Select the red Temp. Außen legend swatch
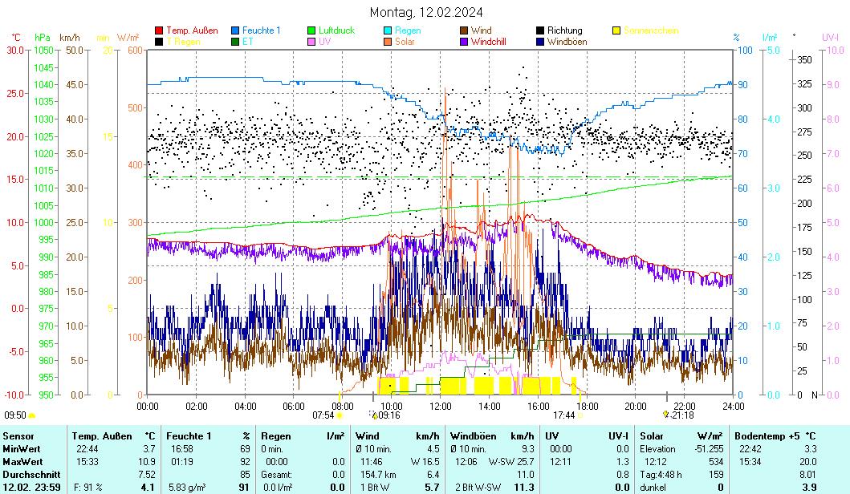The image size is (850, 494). click(x=159, y=30)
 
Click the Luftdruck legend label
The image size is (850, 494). click(x=336, y=30)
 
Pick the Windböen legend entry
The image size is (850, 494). click(x=567, y=42)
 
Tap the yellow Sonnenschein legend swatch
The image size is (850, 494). click(x=617, y=30)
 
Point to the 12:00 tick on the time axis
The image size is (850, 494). click(x=441, y=405)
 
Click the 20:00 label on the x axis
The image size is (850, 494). click(x=636, y=405)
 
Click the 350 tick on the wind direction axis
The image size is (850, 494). click(x=803, y=60)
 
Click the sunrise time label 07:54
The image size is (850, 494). click(x=323, y=415)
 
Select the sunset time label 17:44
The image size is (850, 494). click(x=563, y=415)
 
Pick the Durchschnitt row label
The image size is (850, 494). click(x=30, y=475)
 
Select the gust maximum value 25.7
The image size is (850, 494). click(x=525, y=462)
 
